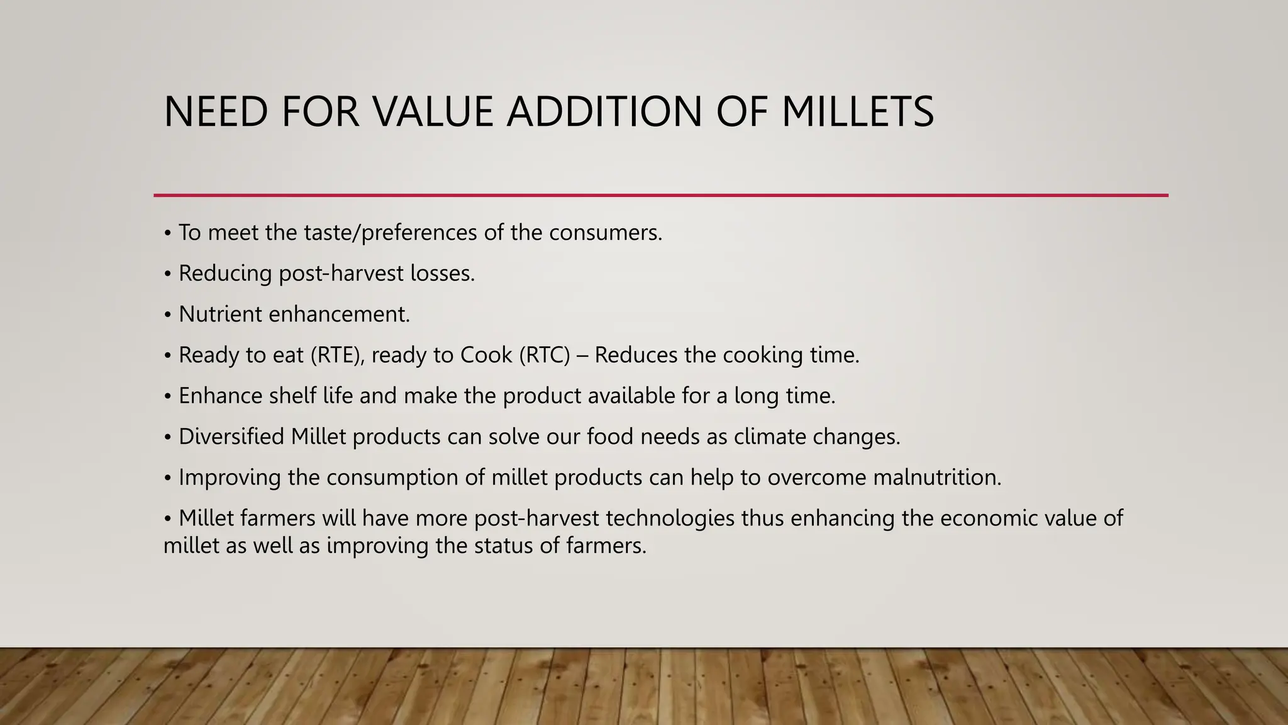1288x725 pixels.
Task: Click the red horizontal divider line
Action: pos(660,195)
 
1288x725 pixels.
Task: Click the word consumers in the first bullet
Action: pos(605,233)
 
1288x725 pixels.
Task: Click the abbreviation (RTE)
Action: pos(338,355)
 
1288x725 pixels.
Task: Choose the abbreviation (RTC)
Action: pos(545,355)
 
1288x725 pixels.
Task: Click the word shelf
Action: pos(292,396)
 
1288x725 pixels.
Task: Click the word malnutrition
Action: pos(936,477)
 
